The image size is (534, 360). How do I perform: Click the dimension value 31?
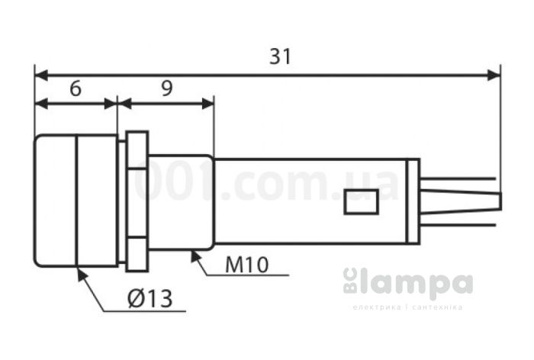click(281, 57)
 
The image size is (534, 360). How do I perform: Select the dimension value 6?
click(75, 88)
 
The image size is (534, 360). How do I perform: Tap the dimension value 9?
click(166, 88)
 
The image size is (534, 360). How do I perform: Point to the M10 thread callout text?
click(247, 265)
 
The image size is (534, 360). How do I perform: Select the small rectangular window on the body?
click(362, 202)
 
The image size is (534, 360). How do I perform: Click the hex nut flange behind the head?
click(137, 201)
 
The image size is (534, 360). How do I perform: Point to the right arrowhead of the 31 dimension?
click(494, 75)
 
